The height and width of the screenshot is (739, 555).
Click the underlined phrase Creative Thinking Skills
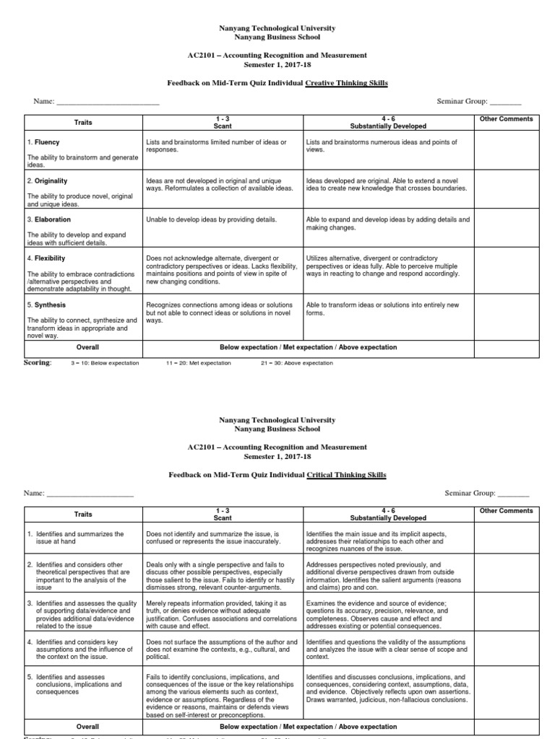(x=346, y=84)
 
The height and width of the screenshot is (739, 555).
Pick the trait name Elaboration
(x=51, y=219)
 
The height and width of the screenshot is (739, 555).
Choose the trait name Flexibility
(x=51, y=258)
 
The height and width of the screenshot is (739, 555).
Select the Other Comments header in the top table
(x=506, y=119)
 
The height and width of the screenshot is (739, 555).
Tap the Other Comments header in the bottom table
(x=506, y=511)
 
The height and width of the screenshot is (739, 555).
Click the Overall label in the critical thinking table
(x=87, y=727)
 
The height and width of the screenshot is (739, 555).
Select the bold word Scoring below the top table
(x=38, y=362)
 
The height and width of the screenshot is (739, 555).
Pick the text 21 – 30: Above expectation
(x=296, y=363)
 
